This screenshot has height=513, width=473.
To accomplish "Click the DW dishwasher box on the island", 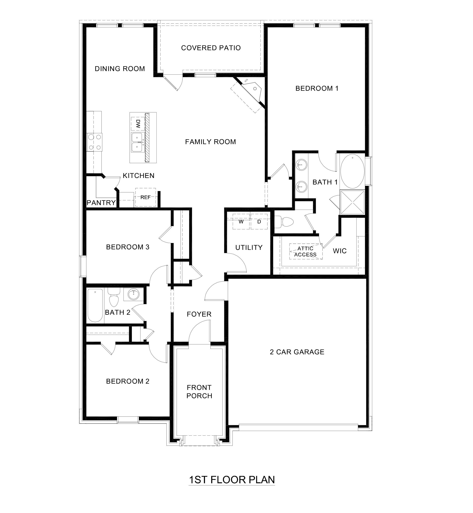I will pyautogui.click(x=138, y=124).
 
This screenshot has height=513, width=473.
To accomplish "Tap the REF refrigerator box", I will pyautogui.click(x=145, y=197).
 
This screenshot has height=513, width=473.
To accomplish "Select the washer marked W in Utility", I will pyautogui.click(x=241, y=222).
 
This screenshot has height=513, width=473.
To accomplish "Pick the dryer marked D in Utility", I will pyautogui.click(x=259, y=222).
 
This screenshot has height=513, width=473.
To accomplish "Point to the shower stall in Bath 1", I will pyautogui.click(x=352, y=202).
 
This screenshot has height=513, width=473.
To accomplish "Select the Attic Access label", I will pyautogui.click(x=305, y=251).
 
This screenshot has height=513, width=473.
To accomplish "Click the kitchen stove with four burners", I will pyautogui.click(x=94, y=142).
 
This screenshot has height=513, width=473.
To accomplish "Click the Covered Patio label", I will pyautogui.click(x=211, y=48).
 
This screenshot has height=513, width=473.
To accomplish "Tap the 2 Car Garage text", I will pyautogui.click(x=297, y=352).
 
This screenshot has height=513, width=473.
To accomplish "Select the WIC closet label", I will pyautogui.click(x=340, y=251).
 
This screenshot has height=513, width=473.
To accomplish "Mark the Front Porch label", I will pyautogui.click(x=199, y=391).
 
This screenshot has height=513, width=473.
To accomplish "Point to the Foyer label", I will pyautogui.click(x=199, y=314).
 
